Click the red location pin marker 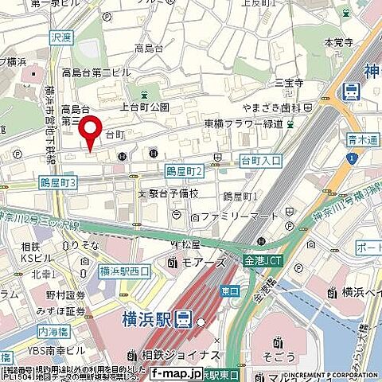tap(92, 131)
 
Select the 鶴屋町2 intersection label tap(185, 171)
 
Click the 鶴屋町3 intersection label tap(57, 183)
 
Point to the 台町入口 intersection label tap(261, 161)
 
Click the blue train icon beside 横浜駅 tap(184, 320)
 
